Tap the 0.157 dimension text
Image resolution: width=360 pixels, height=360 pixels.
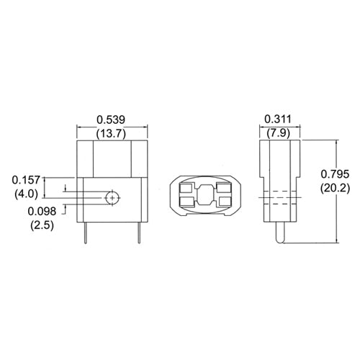click(27, 179)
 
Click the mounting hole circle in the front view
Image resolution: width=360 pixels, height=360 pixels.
click(112, 197)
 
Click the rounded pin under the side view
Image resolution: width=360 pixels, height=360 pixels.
click(278, 233)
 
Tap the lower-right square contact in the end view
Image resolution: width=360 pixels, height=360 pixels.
click(225, 202)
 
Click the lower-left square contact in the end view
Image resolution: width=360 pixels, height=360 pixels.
click(186, 202)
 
